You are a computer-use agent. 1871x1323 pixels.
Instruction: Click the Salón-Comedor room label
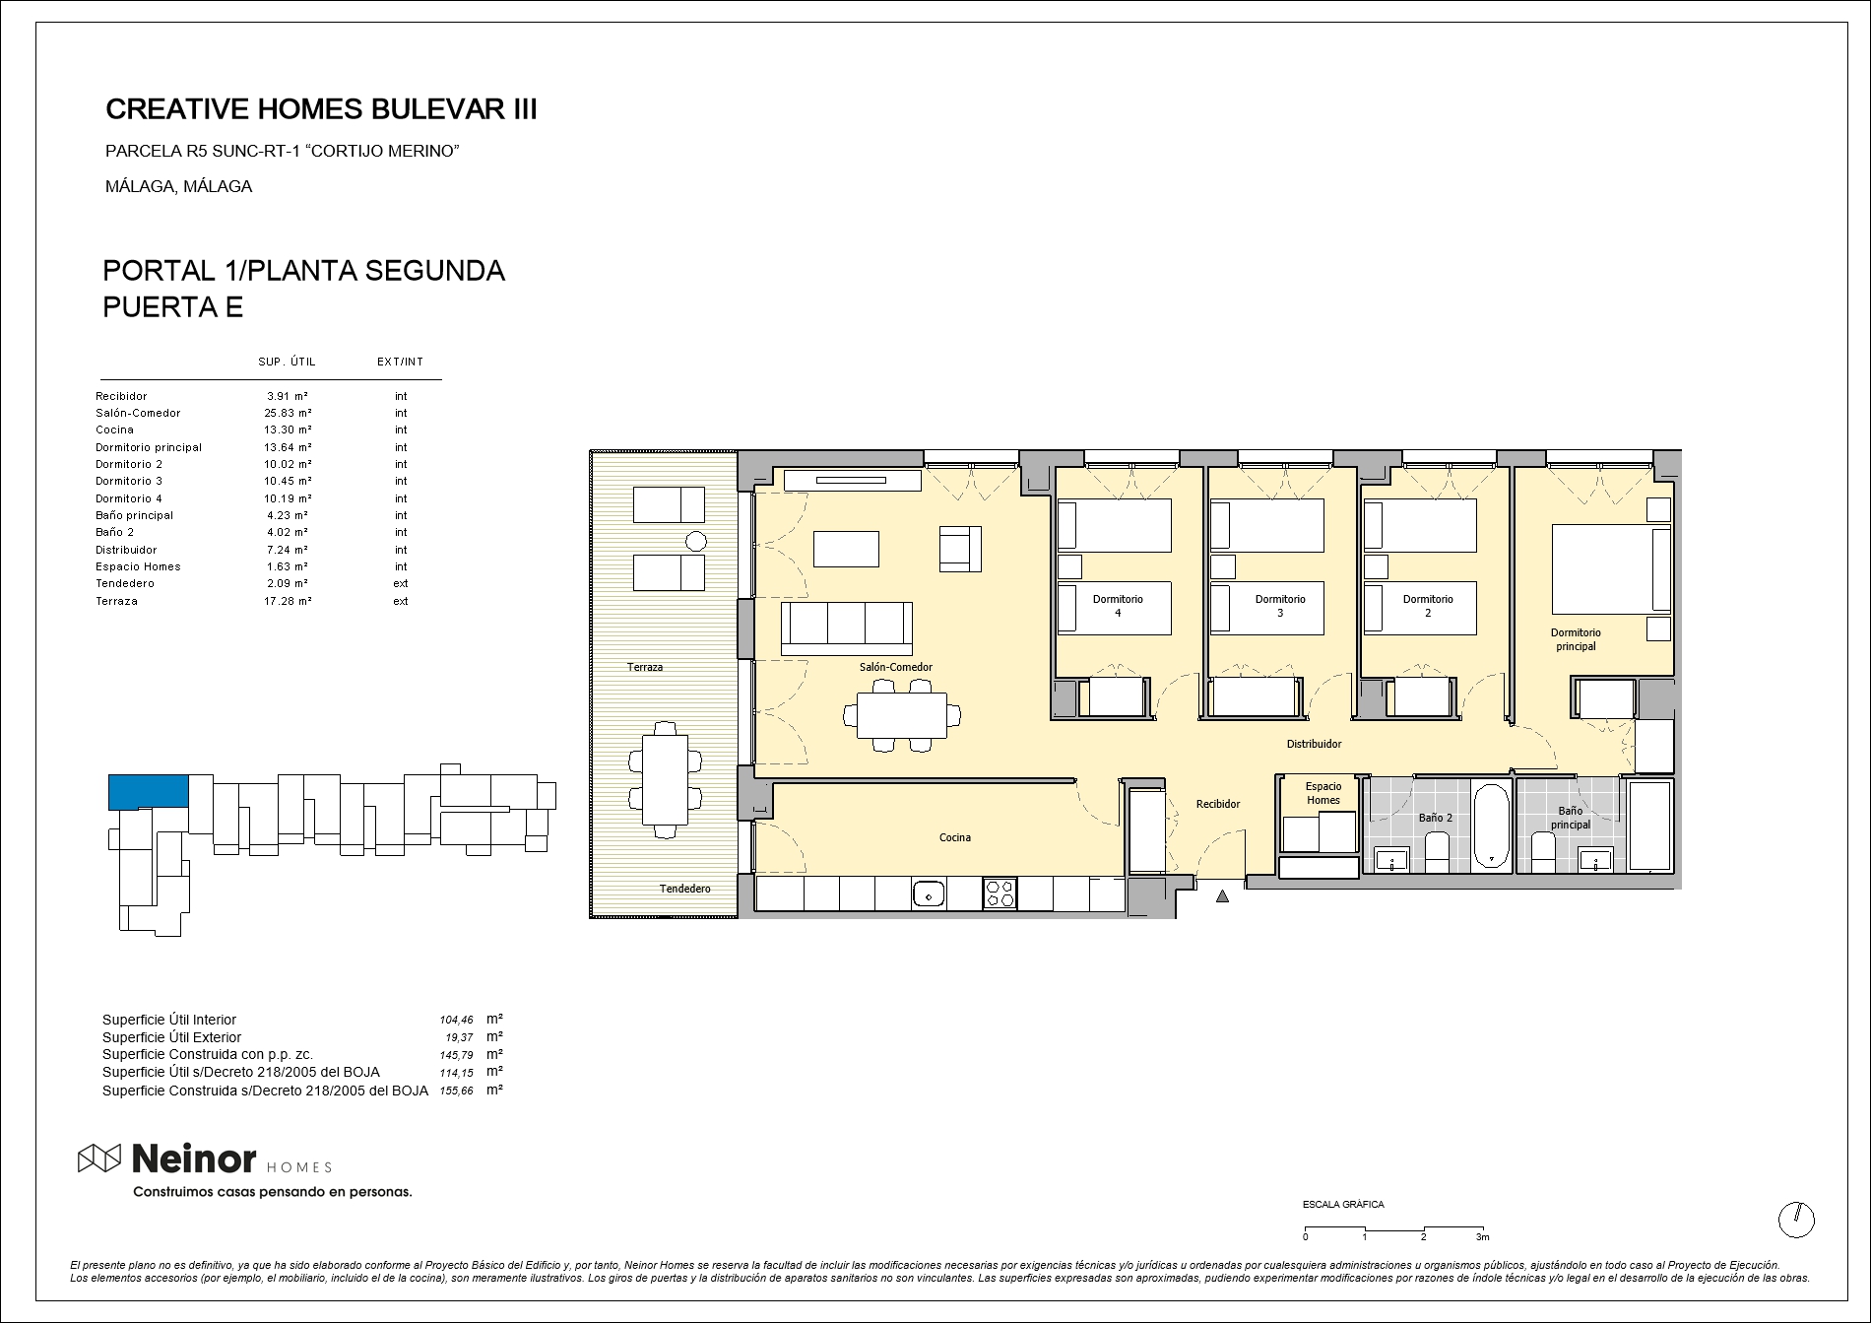[895, 667]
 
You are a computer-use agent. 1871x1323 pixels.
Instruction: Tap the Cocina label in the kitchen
[954, 837]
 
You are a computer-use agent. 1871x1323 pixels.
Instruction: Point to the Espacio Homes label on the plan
[1323, 793]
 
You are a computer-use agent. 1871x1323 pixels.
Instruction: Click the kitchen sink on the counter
[929, 894]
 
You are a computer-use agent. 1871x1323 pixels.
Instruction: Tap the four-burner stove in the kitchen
[1000, 894]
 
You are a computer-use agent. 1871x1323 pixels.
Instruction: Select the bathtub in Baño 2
[1492, 827]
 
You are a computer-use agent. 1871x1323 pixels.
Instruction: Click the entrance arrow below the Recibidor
[1222, 896]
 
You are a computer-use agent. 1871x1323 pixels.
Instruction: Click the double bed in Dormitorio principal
[1611, 569]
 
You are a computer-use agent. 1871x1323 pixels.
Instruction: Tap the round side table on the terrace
[696, 540]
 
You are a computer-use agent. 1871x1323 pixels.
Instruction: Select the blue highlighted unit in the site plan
[148, 792]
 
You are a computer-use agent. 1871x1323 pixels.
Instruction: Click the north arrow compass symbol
[1796, 1220]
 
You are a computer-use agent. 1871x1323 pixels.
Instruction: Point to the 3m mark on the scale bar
[1481, 1237]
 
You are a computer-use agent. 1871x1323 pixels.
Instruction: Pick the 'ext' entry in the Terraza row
[401, 601]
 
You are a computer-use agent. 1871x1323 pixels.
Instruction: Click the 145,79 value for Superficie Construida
[456, 1055]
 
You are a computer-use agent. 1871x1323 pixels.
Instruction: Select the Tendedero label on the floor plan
[684, 889]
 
